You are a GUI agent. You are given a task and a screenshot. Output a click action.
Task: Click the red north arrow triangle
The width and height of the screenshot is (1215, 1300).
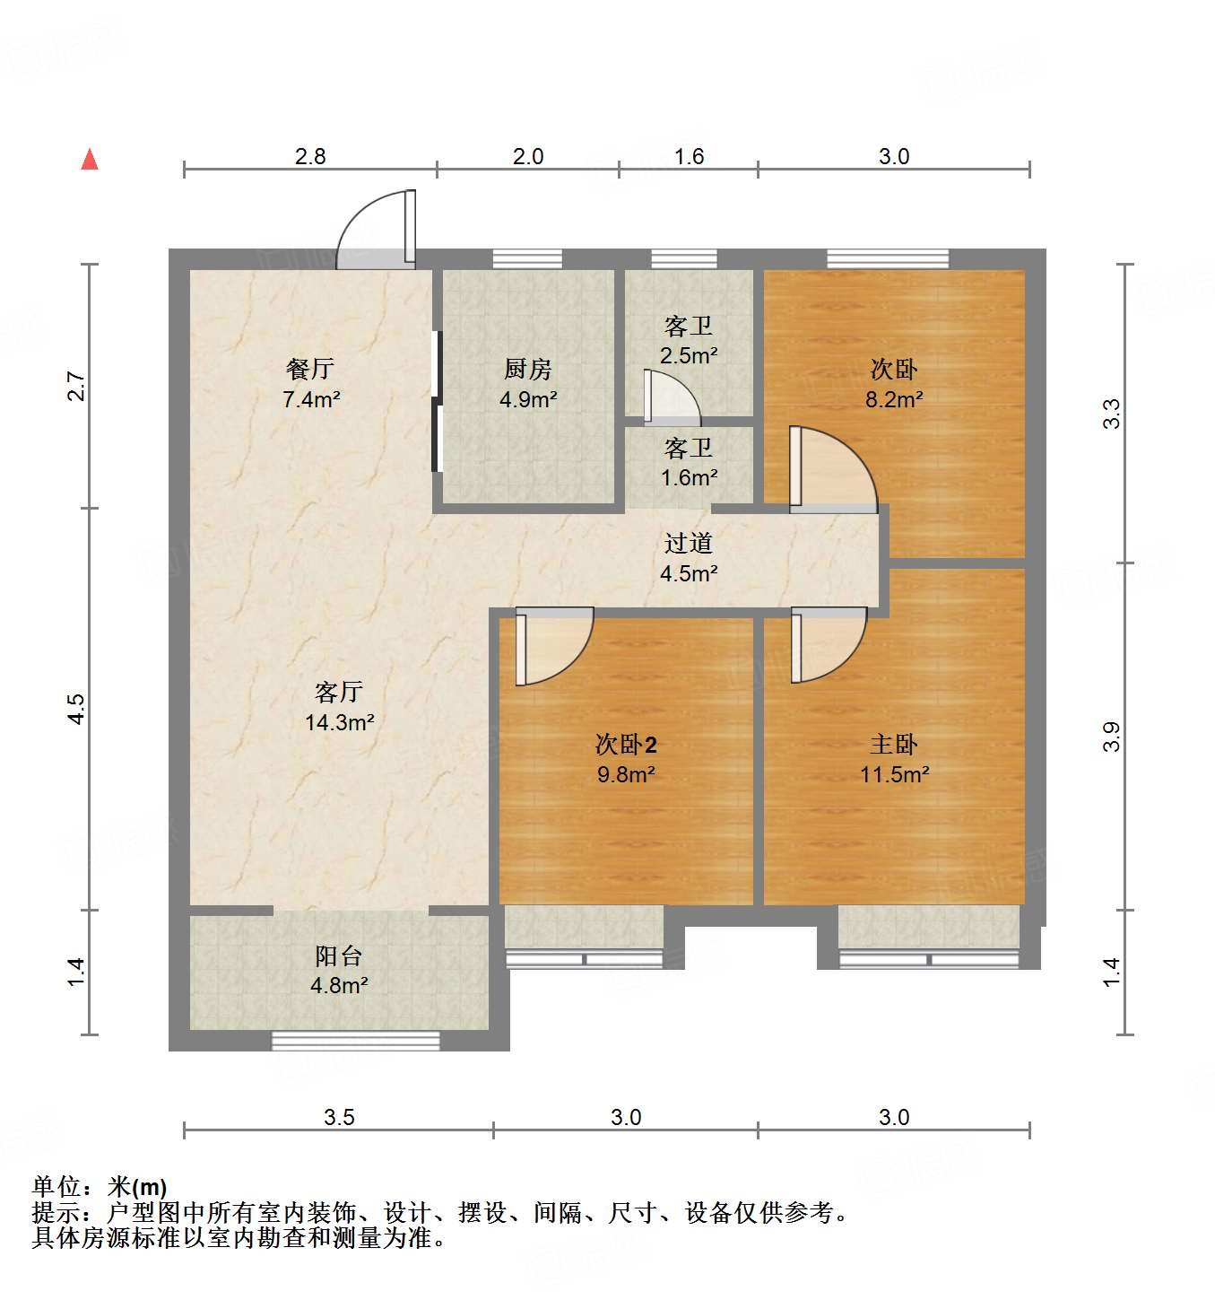pos(90,160)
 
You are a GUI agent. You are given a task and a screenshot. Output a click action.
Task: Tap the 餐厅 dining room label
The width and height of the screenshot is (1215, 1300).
pos(310,369)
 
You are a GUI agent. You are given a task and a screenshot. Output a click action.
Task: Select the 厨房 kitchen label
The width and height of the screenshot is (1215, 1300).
pos(527,369)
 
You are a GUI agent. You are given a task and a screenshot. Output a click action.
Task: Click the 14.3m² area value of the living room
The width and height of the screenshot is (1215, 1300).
pos(339,722)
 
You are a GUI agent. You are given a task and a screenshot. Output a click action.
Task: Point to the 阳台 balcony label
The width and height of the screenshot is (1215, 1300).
pos(339,956)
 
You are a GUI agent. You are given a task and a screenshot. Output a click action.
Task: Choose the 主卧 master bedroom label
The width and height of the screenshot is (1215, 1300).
pos(893,745)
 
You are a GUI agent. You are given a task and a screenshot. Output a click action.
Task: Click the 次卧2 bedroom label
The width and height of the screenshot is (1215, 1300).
pos(626,745)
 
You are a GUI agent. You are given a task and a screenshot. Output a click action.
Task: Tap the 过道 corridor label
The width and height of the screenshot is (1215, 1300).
pos(689,544)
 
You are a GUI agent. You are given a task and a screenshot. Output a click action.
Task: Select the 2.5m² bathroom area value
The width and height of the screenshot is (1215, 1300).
pos(689,356)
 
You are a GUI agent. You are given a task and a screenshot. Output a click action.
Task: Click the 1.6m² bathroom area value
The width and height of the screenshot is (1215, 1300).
pos(689,478)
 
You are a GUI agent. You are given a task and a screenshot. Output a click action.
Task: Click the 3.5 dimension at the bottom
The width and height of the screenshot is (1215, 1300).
pos(339,1117)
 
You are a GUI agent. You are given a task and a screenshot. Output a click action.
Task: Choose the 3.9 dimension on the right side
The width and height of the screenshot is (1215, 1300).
pos(1112,737)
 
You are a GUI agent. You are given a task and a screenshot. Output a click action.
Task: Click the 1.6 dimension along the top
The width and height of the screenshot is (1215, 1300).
pos(689,157)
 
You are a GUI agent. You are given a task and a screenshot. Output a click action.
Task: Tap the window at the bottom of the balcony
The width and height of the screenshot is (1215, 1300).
pos(355,1041)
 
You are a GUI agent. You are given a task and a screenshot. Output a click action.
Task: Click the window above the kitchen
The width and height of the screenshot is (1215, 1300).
pos(527,259)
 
